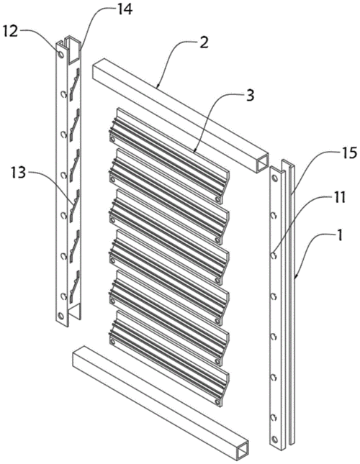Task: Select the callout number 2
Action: (x=204, y=43)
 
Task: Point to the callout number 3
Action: (x=250, y=96)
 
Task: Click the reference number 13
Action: (x=17, y=173)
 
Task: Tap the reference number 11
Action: (x=339, y=198)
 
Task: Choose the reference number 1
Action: (x=340, y=236)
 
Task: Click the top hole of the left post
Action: (x=60, y=55)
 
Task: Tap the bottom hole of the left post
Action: (x=61, y=316)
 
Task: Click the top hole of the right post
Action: (x=275, y=178)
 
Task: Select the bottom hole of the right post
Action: (x=275, y=439)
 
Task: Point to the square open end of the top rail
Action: (x=262, y=163)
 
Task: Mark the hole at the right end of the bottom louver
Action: (x=217, y=402)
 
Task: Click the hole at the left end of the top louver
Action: (x=112, y=139)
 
